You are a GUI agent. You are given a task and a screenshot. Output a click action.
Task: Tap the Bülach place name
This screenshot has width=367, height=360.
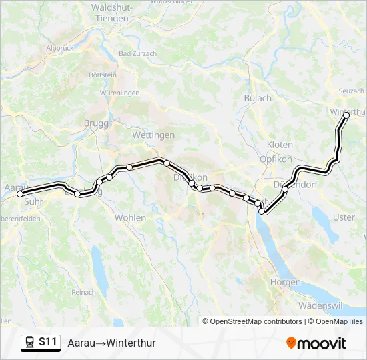point(258,98)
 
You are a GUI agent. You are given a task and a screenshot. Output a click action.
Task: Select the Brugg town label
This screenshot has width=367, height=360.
point(96,123)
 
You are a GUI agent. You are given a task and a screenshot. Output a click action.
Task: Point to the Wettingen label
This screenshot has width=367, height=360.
point(153,135)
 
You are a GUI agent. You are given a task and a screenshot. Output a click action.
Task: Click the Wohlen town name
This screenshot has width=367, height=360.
point(130,218)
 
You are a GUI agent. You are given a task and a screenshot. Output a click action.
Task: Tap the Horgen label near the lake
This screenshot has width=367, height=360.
point(285,282)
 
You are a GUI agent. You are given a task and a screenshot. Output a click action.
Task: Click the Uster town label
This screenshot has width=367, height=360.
point(344,217)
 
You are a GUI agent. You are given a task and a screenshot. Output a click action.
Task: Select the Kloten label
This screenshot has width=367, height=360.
point(280,145)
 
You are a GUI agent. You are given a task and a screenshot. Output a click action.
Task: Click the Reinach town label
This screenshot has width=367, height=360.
point(84,292)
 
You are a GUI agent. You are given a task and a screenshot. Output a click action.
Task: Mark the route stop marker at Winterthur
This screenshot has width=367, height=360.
point(346,115)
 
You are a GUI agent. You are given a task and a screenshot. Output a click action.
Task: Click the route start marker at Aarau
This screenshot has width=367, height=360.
point(19,194)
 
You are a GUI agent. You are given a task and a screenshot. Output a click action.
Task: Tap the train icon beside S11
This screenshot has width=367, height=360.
point(30,342)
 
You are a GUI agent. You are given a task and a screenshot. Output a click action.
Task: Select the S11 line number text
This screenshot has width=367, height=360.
point(48,342)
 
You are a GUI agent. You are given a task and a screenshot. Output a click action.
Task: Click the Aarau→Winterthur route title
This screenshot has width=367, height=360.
point(111,343)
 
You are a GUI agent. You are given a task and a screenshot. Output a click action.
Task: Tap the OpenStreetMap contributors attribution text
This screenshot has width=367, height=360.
point(254,321)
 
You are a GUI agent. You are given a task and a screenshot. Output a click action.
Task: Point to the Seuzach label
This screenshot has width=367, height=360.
point(351,91)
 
